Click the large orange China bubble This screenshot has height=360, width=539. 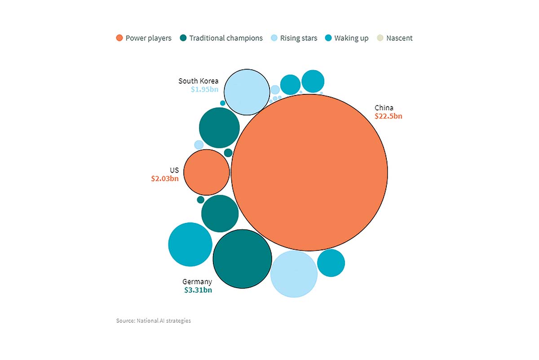pos(309,172)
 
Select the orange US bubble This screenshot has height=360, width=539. pos(207,172)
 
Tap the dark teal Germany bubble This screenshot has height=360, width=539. pos(242,258)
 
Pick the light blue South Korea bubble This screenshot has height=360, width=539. pos(247,92)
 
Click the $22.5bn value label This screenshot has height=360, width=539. pos(388,116)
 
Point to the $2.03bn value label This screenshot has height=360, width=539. pos(165,178)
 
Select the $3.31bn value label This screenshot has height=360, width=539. pos(198,290)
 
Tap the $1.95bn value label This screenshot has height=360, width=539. pos(204,89)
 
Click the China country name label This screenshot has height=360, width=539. pos(384,107)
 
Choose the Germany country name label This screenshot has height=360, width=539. pos(197,282)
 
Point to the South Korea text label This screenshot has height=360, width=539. pos(199,81)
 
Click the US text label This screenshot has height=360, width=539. pos(174,170)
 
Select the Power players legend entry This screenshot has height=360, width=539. pos(144,38)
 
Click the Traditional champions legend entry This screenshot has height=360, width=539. pos(221,38)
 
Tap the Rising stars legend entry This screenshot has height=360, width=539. pos(294,38)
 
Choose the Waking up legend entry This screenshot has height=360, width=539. pos(347,38)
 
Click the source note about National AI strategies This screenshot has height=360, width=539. pos(153,320)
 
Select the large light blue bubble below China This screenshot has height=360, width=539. pos(294,274)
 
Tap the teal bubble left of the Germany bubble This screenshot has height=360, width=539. pos(190,244)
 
